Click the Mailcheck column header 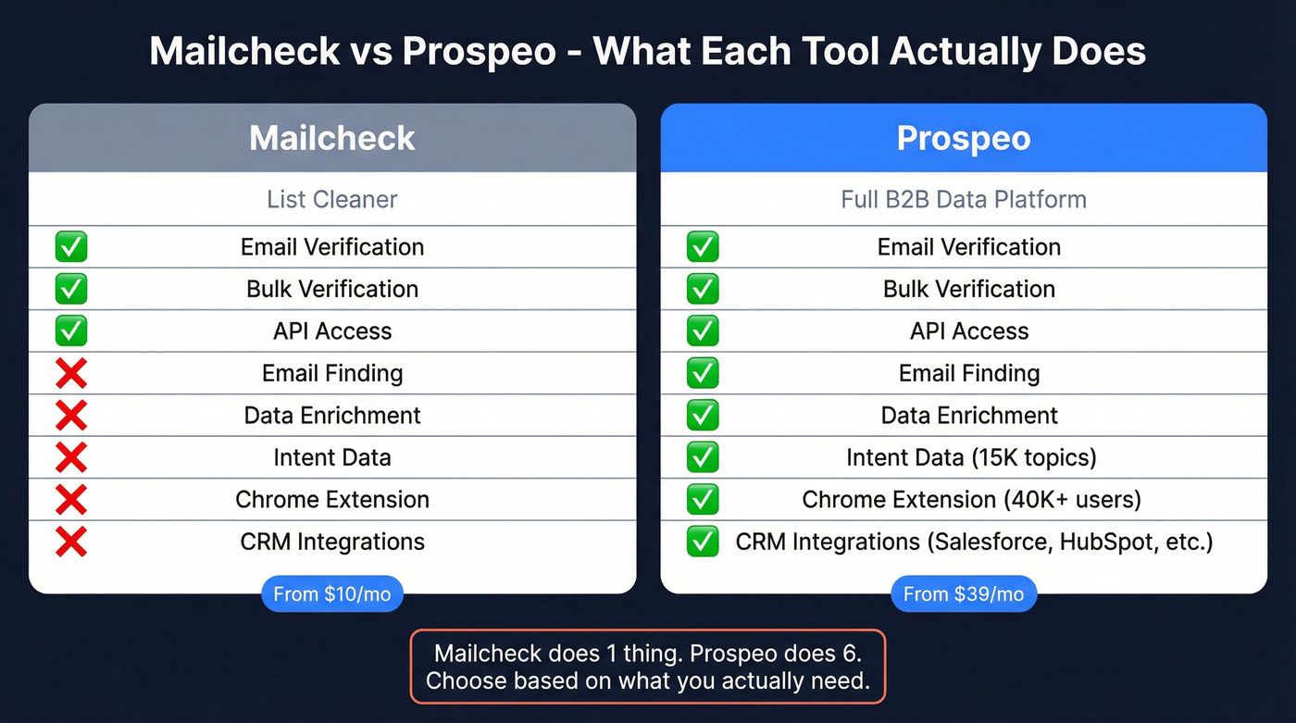tap(332, 138)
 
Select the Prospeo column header tap(964, 138)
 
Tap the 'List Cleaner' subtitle tap(332, 199)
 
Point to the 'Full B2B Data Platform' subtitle tap(964, 199)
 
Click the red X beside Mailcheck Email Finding tap(71, 373)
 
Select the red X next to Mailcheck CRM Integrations tap(71, 542)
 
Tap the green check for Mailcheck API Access tap(71, 330)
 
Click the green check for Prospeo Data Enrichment tap(703, 416)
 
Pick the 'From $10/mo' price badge tap(332, 593)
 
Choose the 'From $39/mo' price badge tap(964, 593)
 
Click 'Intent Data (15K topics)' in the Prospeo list tap(970, 457)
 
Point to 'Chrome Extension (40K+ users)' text tap(971, 500)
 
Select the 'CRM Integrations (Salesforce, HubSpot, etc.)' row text tap(974, 542)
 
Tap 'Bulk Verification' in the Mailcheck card tap(332, 289)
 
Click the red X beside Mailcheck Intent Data tap(71, 457)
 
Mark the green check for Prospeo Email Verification tap(703, 247)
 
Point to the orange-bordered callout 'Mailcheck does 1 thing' tap(648, 667)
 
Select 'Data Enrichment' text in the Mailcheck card tap(332, 416)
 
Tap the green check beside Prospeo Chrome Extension tap(703, 500)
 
